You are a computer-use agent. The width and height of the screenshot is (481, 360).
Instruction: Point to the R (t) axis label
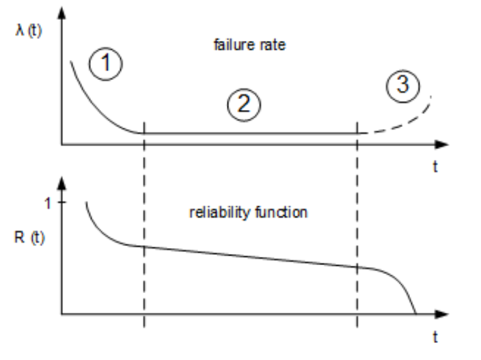coord(30,239)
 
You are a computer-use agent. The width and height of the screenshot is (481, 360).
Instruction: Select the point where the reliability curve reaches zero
coord(415,314)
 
